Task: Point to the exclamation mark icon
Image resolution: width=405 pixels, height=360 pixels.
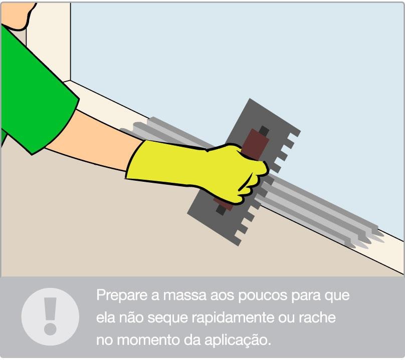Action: click(50, 316)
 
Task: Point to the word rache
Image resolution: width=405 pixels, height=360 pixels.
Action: click(317, 317)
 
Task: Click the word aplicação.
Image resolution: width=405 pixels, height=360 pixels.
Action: click(238, 340)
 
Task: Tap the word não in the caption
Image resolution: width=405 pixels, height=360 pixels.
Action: click(131, 317)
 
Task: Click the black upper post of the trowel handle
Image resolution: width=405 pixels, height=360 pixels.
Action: click(264, 131)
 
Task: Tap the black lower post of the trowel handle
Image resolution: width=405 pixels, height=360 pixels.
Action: click(221, 210)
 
